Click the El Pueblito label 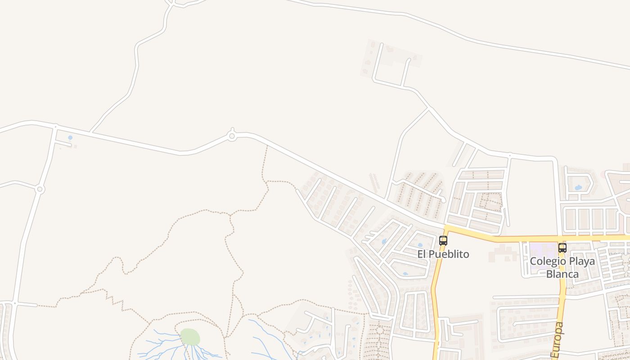coord(443,254)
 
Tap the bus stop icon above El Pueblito coord(443,241)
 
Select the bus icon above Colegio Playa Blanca coord(562,247)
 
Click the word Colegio coord(547,261)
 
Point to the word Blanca coord(562,274)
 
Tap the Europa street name coord(558,340)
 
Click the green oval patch coord(189,337)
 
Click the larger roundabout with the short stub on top coord(232,136)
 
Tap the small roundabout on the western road coord(40,189)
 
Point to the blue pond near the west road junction coord(70,138)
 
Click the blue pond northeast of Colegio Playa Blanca coord(578,187)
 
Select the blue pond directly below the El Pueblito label coord(405,274)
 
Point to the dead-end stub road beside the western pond coord(63,144)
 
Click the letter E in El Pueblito coord(420,254)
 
